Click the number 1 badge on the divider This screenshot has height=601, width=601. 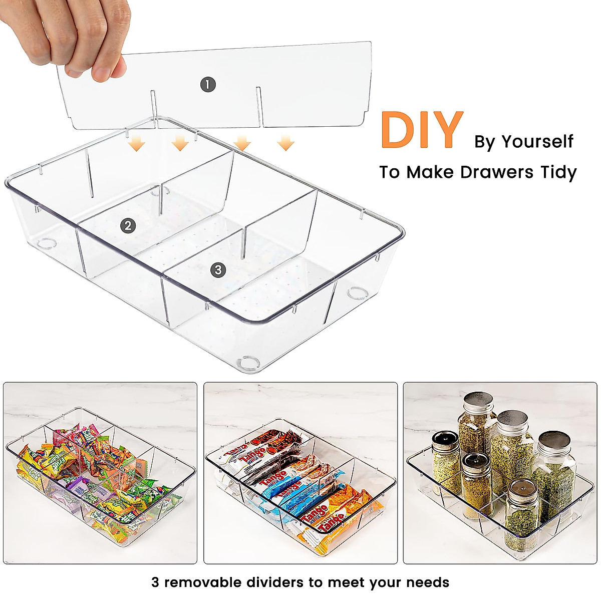tap(208, 84)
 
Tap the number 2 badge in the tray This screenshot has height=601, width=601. tap(128, 226)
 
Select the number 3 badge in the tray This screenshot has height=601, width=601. tap(217, 270)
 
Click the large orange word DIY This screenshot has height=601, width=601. tap(421, 130)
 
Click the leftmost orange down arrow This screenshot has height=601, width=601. tap(136, 145)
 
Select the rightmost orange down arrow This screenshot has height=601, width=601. tap(285, 144)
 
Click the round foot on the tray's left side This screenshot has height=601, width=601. tap(46, 244)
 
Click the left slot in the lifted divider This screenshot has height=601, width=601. tap(153, 105)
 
